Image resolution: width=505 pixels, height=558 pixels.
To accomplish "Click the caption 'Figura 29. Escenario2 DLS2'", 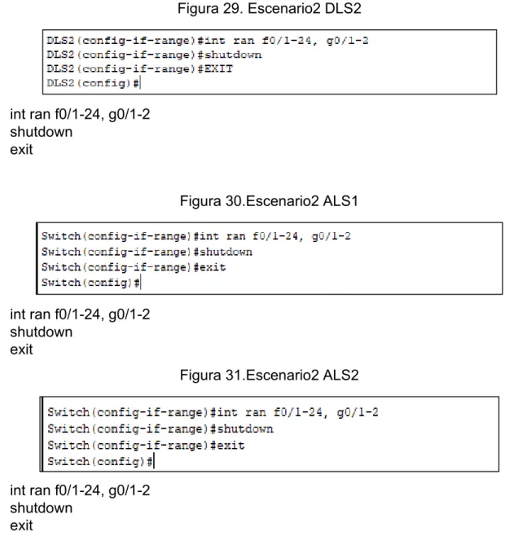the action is pos(269,8).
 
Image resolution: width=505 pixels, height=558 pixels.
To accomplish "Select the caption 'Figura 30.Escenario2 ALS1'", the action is pos(269,201).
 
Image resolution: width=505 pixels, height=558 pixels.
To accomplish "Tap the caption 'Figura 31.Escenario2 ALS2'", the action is pos(269,375).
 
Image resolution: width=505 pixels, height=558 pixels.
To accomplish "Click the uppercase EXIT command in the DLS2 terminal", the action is pos(218,68).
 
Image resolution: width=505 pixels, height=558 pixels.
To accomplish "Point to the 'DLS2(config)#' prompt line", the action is pos(93,83).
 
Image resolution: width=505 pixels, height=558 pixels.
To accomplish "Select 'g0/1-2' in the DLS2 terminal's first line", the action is pos(347,41).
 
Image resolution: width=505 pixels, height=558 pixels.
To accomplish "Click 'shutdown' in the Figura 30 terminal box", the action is pos(226,252).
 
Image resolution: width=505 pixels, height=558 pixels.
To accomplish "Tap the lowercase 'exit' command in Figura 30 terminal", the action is pos(213,267).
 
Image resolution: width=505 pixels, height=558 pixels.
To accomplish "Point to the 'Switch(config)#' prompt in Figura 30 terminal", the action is pos(90,283).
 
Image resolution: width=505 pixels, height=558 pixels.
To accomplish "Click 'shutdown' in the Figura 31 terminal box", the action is pos(245,428).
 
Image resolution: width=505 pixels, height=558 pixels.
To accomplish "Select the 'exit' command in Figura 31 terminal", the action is pos(231,446).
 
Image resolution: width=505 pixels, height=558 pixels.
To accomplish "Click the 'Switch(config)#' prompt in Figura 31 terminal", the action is pos(100,462).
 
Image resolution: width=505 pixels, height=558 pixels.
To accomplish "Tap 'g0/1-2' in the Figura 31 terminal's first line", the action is pos(358,412).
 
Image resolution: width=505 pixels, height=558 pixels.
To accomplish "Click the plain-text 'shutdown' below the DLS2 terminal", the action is pos(42,132).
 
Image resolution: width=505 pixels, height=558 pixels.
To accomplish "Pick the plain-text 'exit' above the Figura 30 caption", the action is pos(21,149).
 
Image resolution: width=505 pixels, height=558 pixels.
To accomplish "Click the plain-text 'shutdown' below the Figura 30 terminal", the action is pos(42,332).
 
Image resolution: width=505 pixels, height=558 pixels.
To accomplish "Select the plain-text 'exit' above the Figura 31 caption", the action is pos(21,349).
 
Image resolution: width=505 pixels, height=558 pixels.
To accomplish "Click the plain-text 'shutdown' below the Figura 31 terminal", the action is pos(42,507).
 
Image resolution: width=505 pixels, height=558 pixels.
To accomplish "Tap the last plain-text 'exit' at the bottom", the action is pos(21,525).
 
